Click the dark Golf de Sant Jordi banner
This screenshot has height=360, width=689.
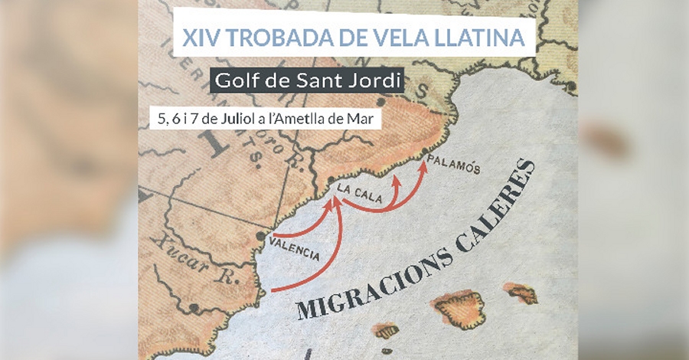click(306, 79)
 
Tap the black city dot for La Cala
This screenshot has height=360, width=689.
click(330, 182)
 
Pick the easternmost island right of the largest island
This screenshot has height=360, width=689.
click(521, 292)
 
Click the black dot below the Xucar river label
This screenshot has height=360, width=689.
click(194, 308)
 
